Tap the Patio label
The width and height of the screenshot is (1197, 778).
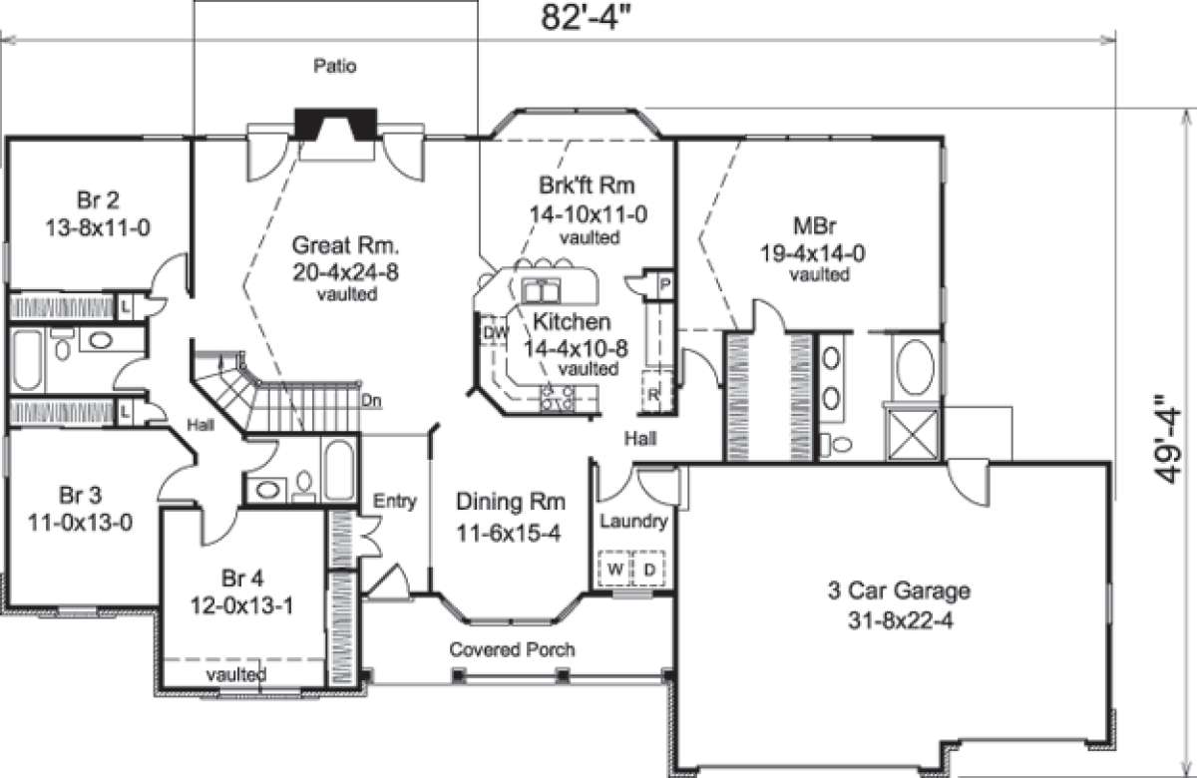point(336,68)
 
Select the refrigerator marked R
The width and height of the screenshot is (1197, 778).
point(653,393)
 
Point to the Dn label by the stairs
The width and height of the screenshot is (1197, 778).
point(371,401)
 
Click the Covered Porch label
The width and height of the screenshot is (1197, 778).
point(512,649)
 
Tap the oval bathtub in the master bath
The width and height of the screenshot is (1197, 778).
point(914,370)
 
